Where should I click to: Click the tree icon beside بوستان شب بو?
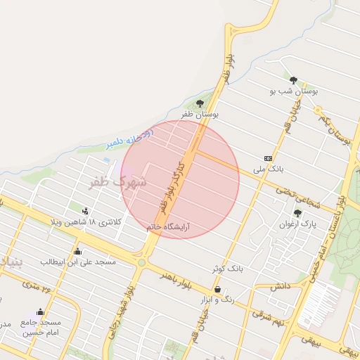(x=293, y=80)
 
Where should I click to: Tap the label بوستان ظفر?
(x=200, y=114)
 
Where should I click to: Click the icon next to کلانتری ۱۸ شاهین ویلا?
(x=85, y=211)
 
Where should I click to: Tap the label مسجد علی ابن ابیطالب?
(x=77, y=262)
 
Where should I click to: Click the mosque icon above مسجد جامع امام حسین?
(x=40, y=311)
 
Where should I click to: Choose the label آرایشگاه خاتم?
(x=169, y=228)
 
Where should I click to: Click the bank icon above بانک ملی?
(x=268, y=158)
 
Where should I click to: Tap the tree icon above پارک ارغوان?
(x=297, y=213)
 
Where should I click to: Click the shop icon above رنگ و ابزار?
(x=217, y=289)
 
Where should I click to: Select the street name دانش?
(x=279, y=285)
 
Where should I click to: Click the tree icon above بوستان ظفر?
(x=200, y=104)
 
